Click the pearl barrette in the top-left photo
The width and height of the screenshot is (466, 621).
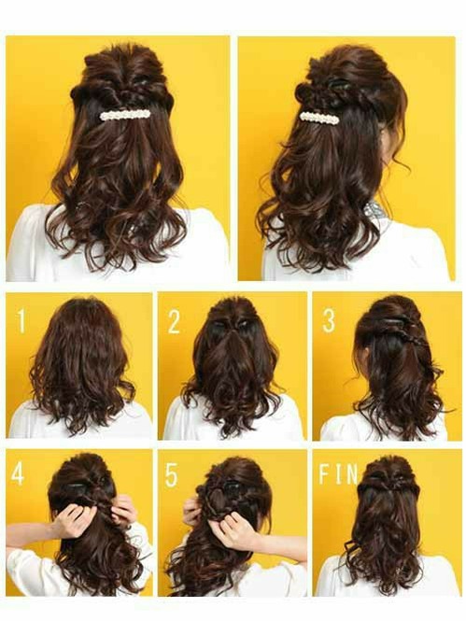[125, 115]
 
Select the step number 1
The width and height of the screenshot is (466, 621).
[21, 321]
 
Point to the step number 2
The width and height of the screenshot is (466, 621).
[174, 321]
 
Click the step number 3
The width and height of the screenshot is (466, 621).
[329, 321]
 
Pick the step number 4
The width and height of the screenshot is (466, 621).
[18, 473]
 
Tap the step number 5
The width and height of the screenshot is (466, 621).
[172, 474]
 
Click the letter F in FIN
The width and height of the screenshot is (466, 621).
[324, 474]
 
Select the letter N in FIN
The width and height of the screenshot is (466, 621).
[350, 474]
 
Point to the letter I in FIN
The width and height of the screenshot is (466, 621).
[337, 474]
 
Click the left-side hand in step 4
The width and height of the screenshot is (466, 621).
[70, 519]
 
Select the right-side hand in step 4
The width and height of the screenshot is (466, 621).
[124, 510]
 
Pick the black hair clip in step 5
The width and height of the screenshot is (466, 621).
[231, 486]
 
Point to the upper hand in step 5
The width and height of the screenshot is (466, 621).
[192, 512]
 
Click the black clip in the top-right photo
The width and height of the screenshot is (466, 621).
[338, 84]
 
